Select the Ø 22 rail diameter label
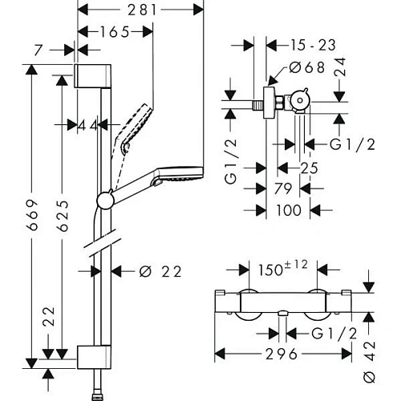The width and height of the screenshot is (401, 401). coord(157,271)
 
